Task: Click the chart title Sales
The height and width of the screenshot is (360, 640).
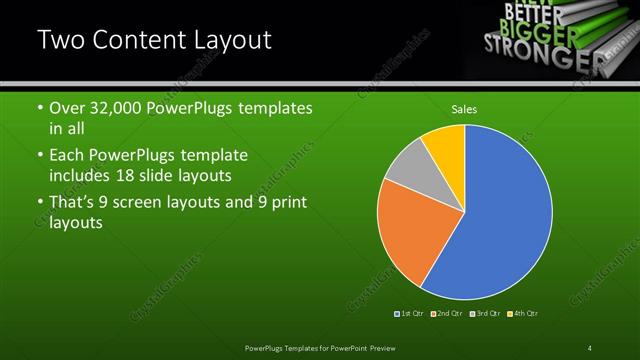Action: pyautogui.click(x=464, y=109)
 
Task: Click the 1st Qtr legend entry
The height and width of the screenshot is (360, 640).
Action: pyautogui.click(x=411, y=314)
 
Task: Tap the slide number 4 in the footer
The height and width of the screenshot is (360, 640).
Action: pyautogui.click(x=590, y=348)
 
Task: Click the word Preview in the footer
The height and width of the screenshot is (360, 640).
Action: pyautogui.click(x=398, y=348)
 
